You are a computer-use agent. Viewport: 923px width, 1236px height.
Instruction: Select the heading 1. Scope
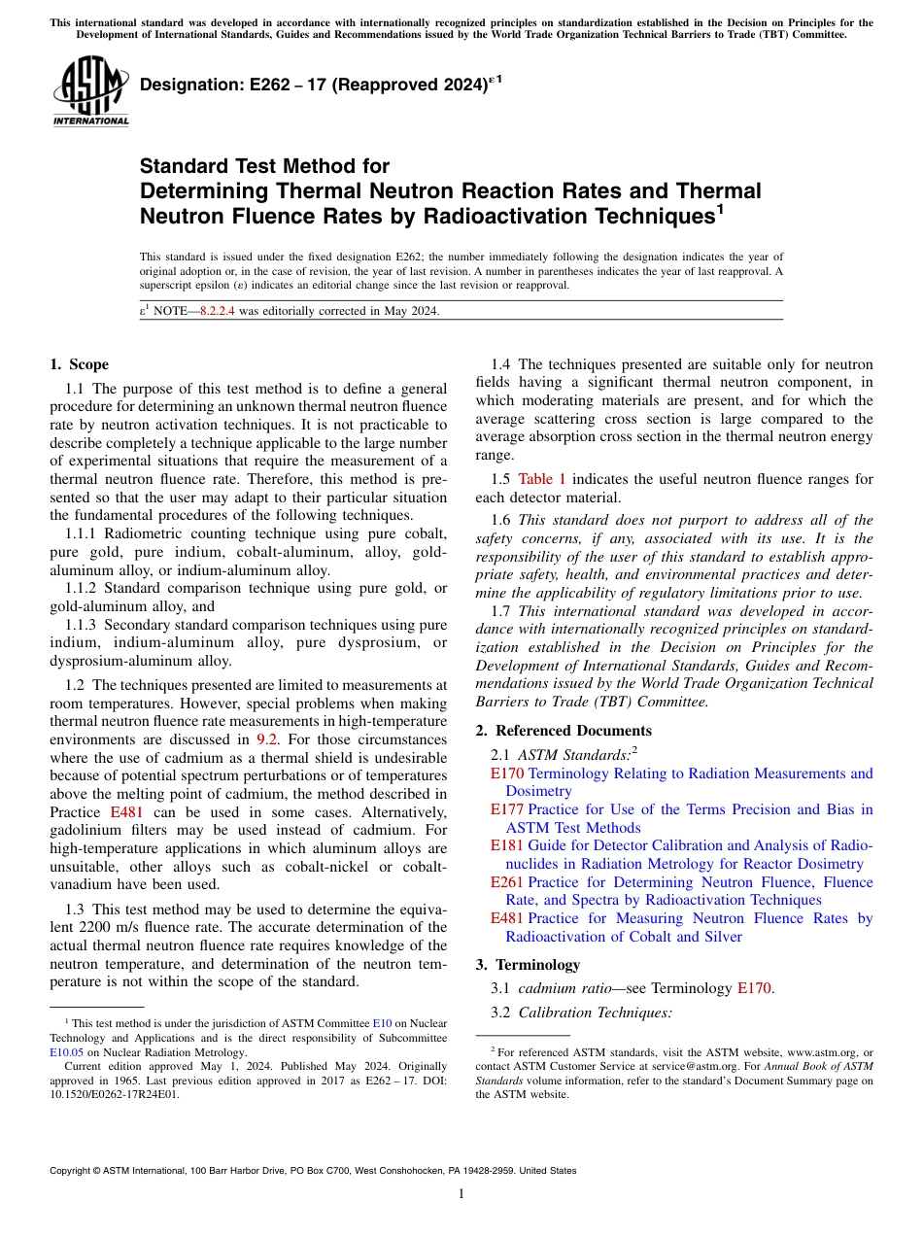(79, 364)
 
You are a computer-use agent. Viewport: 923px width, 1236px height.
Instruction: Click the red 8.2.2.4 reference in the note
(217, 311)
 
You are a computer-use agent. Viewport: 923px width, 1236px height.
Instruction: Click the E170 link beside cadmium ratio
(754, 988)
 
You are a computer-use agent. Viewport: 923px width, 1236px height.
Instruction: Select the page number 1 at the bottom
(461, 1193)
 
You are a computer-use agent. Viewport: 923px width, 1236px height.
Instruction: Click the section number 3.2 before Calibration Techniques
(503, 1013)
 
